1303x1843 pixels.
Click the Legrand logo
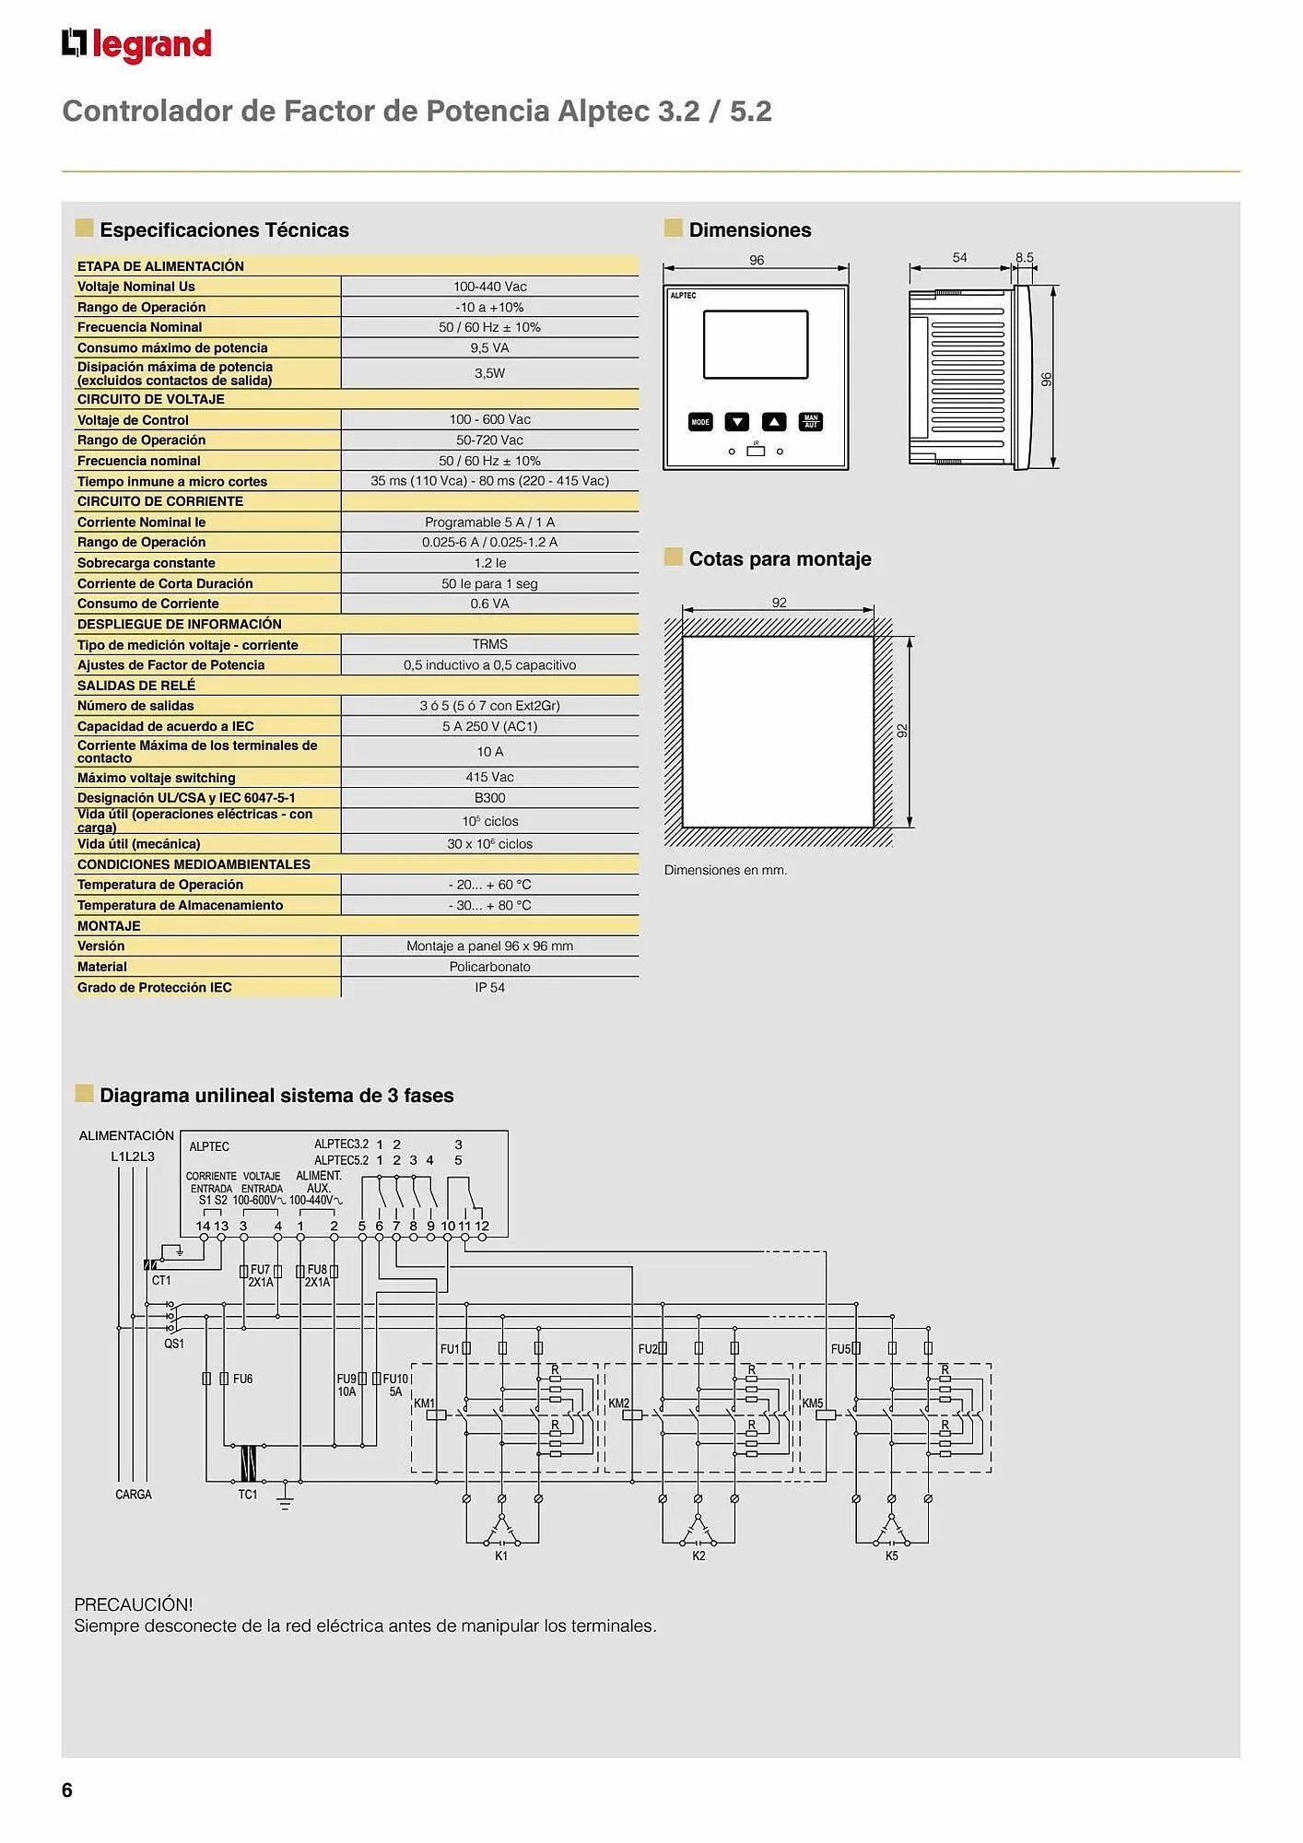pos(136,45)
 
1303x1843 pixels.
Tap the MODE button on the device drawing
pos(700,422)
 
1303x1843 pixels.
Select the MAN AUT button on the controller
pos(811,422)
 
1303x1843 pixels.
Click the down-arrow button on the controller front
pos(736,422)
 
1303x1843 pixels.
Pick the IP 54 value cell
pos(489,987)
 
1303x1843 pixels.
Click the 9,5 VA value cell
pos(489,347)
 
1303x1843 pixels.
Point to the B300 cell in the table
pos(489,798)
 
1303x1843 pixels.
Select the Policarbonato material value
pos(489,967)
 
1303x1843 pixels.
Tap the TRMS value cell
pos(489,644)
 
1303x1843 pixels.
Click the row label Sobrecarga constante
pos(147,563)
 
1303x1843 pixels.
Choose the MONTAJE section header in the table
pos(109,926)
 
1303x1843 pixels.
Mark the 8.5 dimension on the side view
pos(1024,258)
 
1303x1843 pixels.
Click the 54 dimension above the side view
pos(959,258)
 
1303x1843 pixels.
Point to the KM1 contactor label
pos(424,1403)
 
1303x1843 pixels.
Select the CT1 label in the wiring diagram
pos(161,1281)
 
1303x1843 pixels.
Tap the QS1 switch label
pos(174,1344)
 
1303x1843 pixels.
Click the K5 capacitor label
pos(891,1555)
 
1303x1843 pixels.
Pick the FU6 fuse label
pos(242,1379)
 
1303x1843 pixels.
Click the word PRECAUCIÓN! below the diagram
pos(134,1604)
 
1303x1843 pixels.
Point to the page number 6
pos(67,1790)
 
